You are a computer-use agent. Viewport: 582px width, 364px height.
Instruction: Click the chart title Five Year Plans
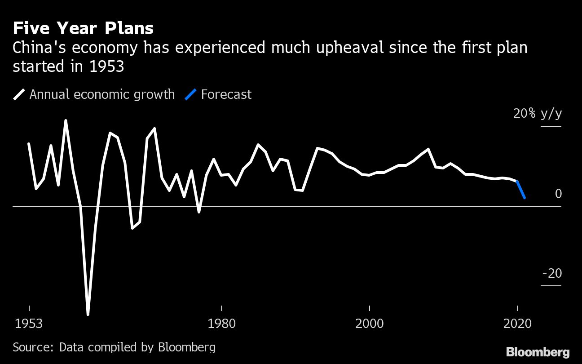point(83,28)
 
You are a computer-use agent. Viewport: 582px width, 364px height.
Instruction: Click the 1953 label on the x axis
point(29,324)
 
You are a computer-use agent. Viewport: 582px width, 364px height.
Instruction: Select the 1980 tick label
point(222,324)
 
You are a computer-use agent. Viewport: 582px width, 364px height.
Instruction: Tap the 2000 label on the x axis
point(370,324)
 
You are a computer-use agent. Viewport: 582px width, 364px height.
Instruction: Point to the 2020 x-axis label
point(517,324)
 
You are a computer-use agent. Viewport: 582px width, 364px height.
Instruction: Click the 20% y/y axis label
point(538,114)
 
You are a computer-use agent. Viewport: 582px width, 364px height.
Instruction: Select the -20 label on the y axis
point(552,273)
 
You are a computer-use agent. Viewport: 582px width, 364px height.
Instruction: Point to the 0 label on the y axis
point(558,194)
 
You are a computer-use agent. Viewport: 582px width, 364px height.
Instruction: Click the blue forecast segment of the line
point(521,190)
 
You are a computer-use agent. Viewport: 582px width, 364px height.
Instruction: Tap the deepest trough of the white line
point(88,313)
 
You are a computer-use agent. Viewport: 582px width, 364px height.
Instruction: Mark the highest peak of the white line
point(66,121)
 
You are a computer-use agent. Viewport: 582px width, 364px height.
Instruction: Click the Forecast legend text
point(226,94)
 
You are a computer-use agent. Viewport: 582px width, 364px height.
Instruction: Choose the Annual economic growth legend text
point(102,94)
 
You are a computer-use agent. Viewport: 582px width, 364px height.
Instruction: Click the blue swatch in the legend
point(191,94)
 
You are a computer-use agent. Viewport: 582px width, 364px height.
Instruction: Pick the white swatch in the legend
point(19,94)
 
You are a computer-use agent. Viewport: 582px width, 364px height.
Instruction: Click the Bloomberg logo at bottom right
point(538,352)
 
